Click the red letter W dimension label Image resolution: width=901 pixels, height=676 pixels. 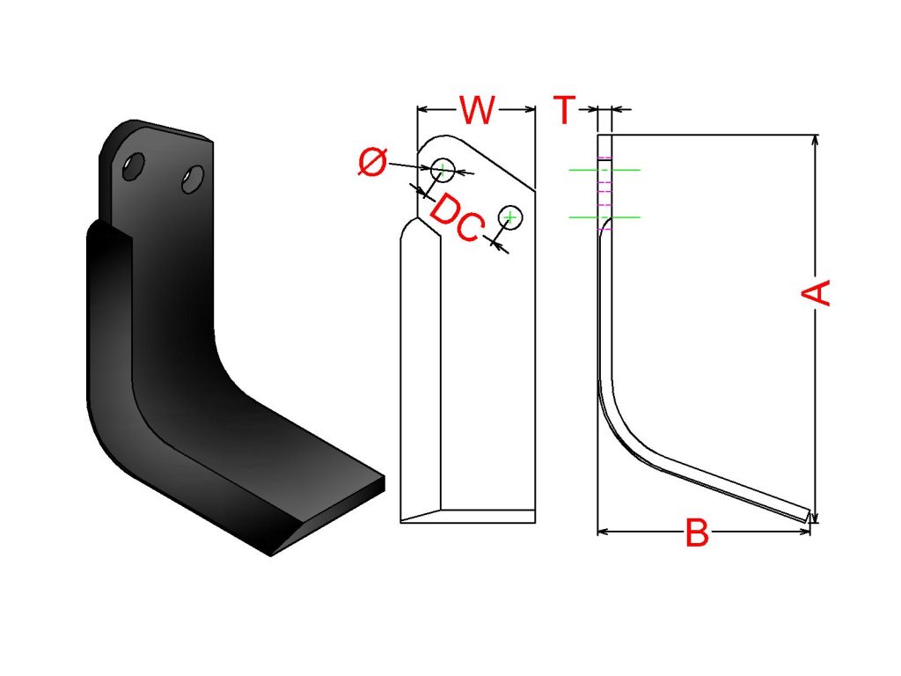coord(477,109)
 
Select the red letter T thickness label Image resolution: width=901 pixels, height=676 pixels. coord(565,110)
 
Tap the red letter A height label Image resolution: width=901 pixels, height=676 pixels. coord(816,292)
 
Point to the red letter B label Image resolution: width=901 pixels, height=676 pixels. coord(697,533)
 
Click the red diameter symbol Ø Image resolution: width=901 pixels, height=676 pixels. coord(373,162)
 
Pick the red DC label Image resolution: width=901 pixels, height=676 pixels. coord(455,218)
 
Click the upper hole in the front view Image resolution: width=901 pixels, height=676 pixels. coord(443,170)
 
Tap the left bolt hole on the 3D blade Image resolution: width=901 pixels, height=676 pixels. coord(134,166)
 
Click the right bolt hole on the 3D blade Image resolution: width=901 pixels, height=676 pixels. coord(193,180)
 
